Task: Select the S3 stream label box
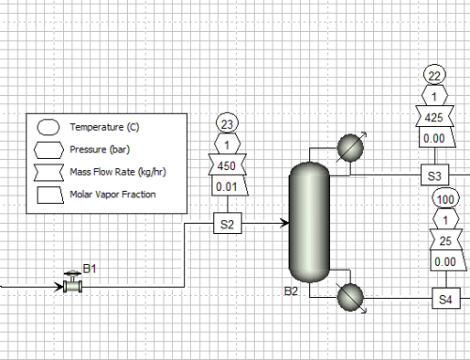(434, 175)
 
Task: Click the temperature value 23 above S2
(226, 122)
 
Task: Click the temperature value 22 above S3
(434, 77)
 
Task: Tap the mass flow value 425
(434, 118)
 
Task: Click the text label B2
(291, 291)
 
